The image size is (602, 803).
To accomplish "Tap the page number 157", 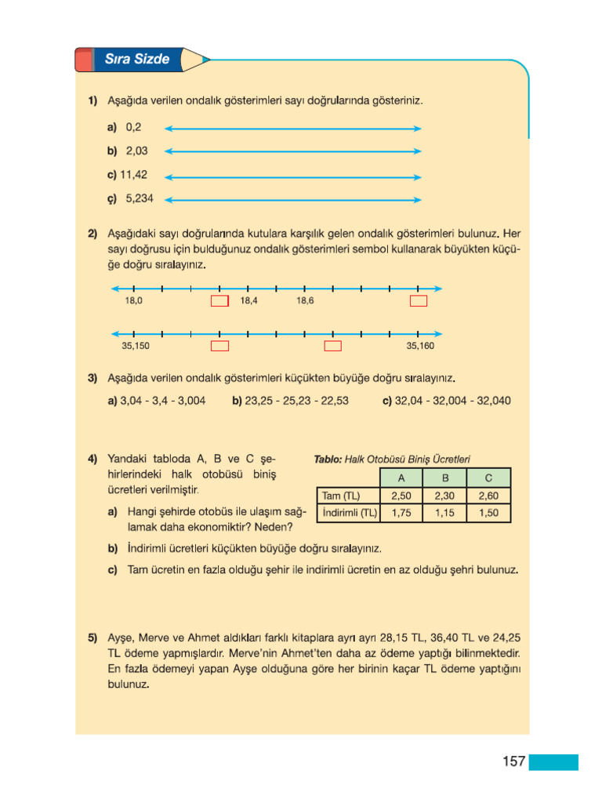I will coord(513,761).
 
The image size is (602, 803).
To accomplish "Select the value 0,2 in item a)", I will coord(133,126).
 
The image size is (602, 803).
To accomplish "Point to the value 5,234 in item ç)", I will coord(140,198).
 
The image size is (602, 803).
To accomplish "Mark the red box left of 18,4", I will coord(219,301).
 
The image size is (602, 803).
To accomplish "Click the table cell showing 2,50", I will coord(401,496).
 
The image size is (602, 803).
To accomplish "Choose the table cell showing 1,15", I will coord(444,514).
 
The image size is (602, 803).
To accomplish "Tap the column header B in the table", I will coord(444,478).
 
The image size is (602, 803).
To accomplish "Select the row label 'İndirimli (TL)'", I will coord(349,514).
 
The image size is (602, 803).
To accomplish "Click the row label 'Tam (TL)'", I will coord(340,496).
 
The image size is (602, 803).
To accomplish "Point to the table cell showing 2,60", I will coord(488,496).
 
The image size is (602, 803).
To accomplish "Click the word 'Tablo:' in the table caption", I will coord(328,460).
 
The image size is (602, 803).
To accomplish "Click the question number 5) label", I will coord(92,638).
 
